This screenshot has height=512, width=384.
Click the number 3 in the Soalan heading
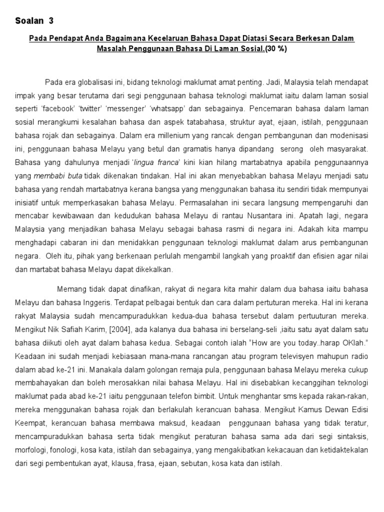pos(50,21)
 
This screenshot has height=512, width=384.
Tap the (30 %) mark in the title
pos(276,49)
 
